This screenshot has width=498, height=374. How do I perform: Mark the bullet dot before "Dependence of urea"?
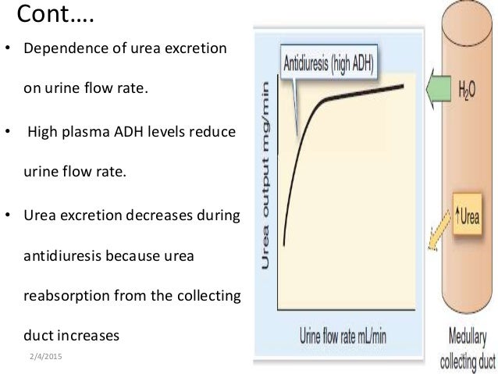(9, 48)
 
